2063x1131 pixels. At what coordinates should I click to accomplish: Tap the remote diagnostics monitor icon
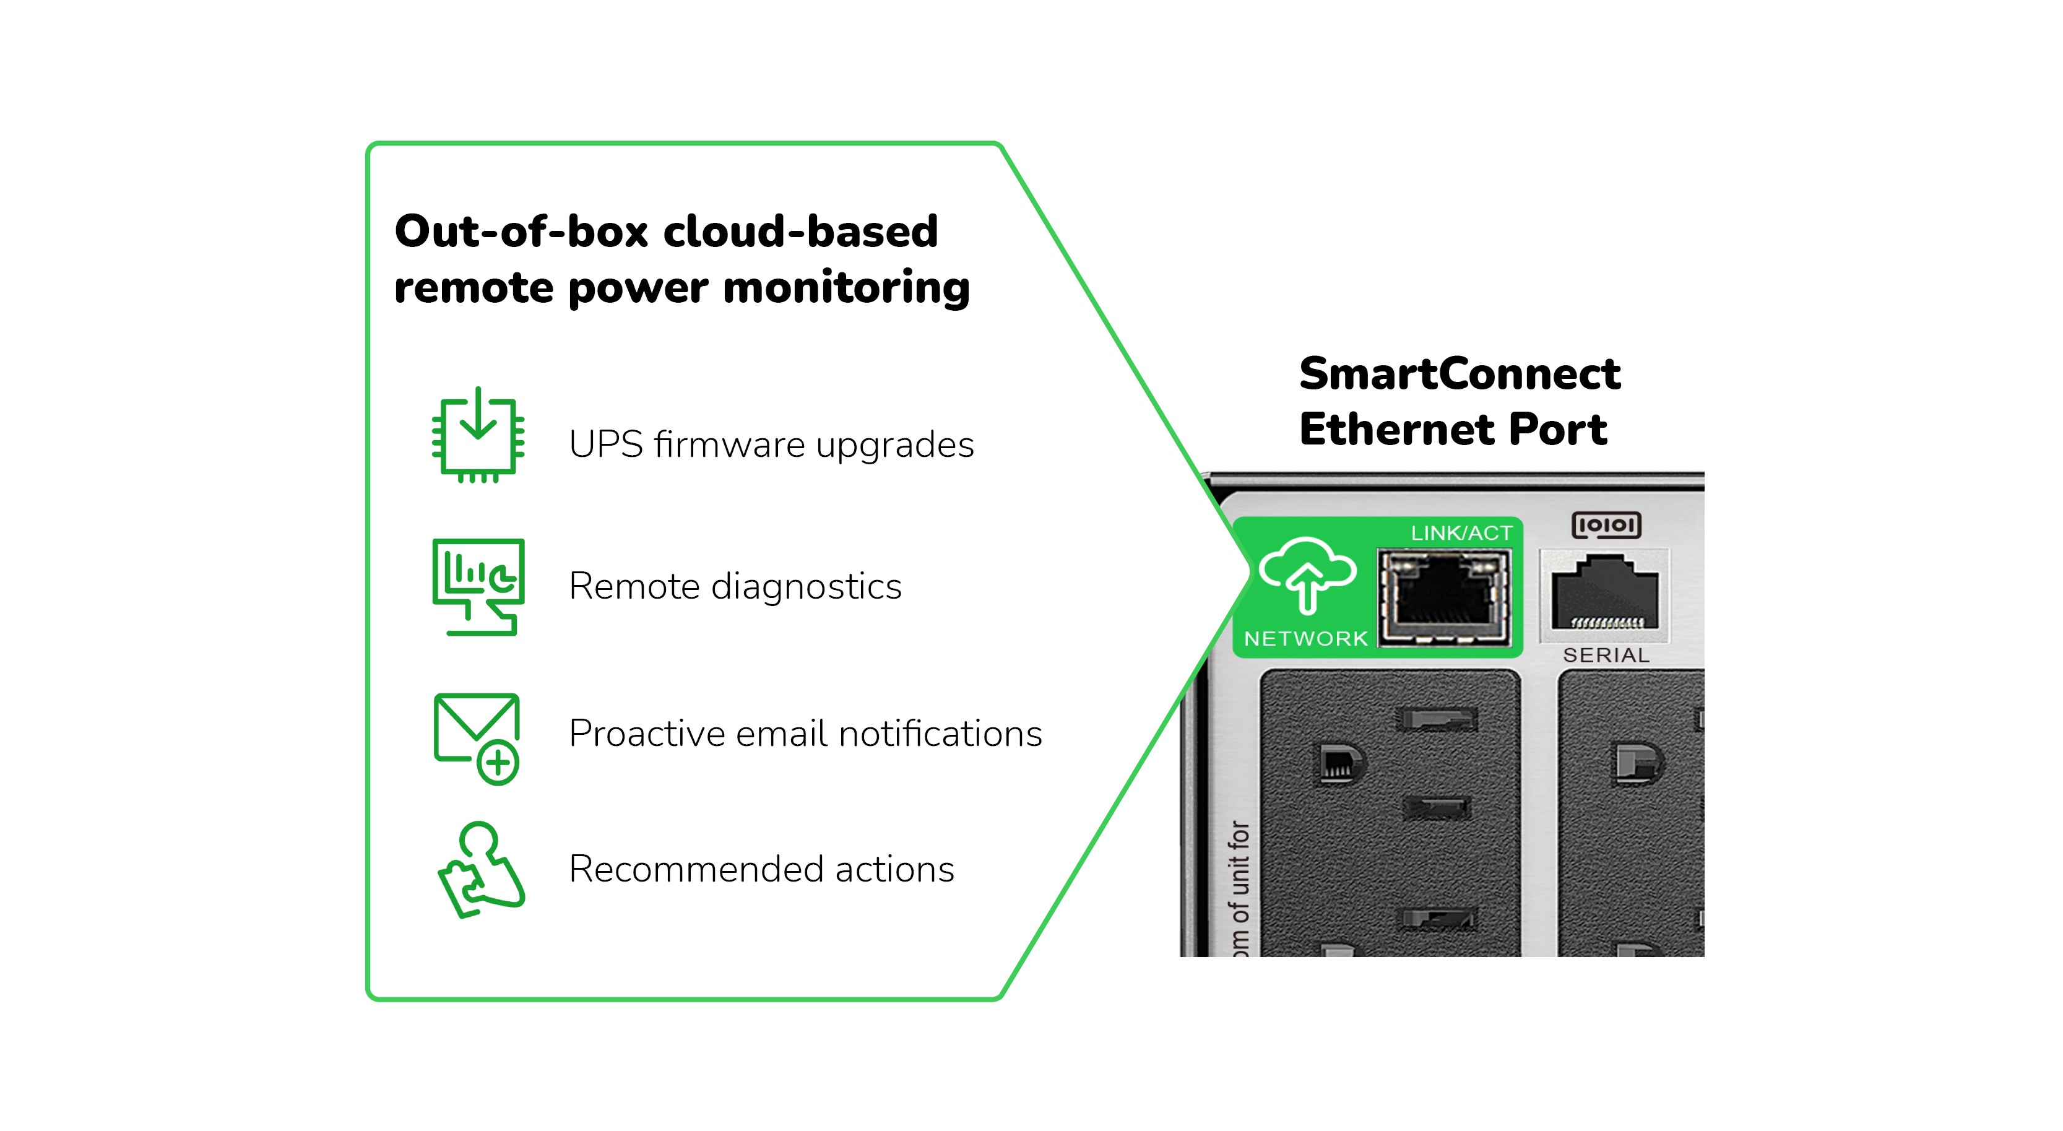[478, 586]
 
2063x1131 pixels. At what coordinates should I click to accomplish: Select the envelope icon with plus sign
[477, 738]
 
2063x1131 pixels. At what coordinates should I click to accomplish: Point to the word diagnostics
[806, 587]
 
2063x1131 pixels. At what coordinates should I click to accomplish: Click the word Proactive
[646, 734]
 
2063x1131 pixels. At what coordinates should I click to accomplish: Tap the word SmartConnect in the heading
[1459, 374]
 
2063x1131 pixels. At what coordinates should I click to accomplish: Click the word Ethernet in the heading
[1398, 430]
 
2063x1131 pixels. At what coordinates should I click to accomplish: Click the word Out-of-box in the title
[521, 232]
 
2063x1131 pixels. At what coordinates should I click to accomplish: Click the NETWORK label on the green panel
[1305, 638]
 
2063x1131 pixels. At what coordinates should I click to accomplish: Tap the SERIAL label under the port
[1606, 655]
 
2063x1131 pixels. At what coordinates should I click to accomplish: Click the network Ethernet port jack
[1443, 597]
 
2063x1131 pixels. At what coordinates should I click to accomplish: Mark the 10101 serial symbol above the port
[1606, 526]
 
